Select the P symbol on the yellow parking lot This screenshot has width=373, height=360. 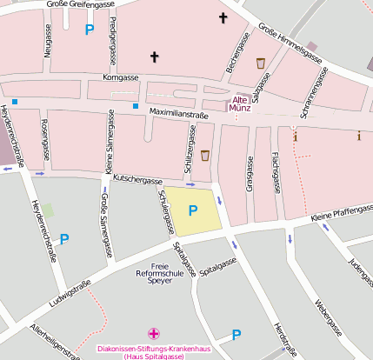pos(193,210)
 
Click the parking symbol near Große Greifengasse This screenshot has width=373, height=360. pos(89,30)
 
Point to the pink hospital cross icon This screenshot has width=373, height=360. pos(154,333)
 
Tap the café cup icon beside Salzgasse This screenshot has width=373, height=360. pos(261,63)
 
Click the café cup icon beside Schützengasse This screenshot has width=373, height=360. pos(205,156)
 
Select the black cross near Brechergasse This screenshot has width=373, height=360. pos(223,17)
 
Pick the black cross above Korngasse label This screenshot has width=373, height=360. pos(156,57)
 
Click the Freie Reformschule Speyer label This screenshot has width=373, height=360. pos(159,273)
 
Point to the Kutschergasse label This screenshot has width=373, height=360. pos(138,179)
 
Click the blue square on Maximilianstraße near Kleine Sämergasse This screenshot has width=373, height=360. pos(136,106)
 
